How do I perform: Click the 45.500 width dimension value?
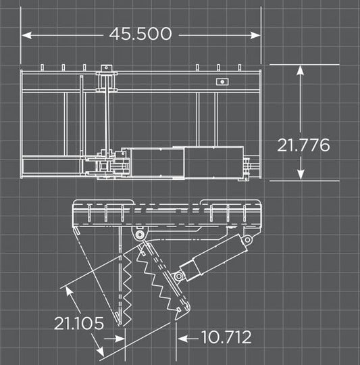(140, 34)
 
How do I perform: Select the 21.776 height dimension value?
(303, 145)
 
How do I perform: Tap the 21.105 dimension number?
(79, 323)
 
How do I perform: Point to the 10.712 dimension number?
(226, 337)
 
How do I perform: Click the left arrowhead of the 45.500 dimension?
(26, 35)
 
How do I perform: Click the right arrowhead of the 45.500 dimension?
(255, 35)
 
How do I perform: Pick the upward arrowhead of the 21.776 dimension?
(301, 70)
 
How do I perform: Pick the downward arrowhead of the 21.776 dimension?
(301, 174)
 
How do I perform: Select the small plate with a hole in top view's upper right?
(222, 82)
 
